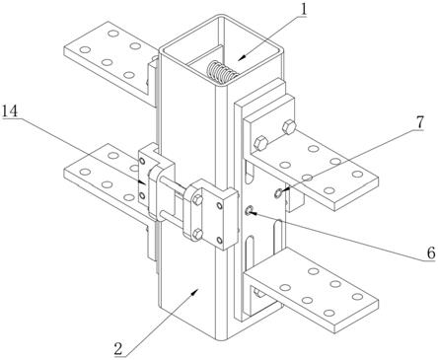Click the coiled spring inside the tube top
220,72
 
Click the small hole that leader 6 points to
250,209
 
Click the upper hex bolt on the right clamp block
197,201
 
